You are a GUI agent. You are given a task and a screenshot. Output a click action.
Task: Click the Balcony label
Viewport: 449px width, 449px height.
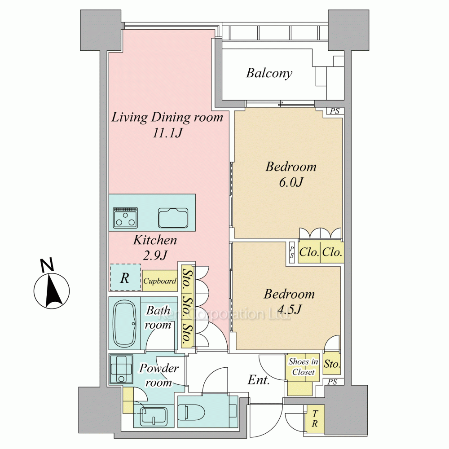click(x=269, y=73)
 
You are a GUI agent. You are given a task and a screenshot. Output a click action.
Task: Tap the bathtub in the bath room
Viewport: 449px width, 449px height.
click(x=125, y=324)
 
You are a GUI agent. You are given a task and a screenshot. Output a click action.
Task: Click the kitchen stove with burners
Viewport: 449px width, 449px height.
click(x=125, y=218)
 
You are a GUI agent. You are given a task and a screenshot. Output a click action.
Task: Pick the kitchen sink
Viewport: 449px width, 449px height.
click(x=173, y=218)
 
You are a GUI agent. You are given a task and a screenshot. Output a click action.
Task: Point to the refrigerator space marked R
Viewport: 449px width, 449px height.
click(x=125, y=277)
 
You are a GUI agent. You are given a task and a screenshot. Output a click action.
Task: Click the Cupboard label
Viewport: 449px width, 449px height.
click(x=160, y=281)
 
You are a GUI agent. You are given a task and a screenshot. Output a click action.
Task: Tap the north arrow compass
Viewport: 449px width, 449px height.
click(x=52, y=291)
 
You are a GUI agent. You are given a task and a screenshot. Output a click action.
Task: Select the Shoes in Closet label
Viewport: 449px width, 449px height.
click(x=303, y=367)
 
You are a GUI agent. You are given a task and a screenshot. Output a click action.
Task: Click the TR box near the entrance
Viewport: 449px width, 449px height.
click(x=315, y=418)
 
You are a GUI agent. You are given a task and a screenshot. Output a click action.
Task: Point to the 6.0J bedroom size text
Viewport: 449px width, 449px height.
click(x=291, y=182)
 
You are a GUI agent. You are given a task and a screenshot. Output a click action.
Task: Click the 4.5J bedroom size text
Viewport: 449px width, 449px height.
click(x=290, y=309)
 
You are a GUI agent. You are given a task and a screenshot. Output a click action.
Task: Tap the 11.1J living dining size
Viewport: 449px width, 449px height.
click(x=167, y=133)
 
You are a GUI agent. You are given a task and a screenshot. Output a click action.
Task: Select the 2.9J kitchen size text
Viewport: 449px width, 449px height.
click(x=155, y=255)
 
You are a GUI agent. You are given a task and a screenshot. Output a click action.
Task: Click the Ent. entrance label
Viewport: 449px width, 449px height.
click(x=259, y=380)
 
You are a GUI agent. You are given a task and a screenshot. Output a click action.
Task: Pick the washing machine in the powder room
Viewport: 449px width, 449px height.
click(x=121, y=369)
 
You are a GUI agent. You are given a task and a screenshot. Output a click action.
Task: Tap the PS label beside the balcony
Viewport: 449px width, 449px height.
click(x=335, y=111)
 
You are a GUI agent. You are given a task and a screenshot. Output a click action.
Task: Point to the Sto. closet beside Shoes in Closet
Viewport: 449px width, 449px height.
click(x=332, y=364)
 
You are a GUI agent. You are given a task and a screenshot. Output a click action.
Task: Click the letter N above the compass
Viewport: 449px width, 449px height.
click(x=47, y=265)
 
